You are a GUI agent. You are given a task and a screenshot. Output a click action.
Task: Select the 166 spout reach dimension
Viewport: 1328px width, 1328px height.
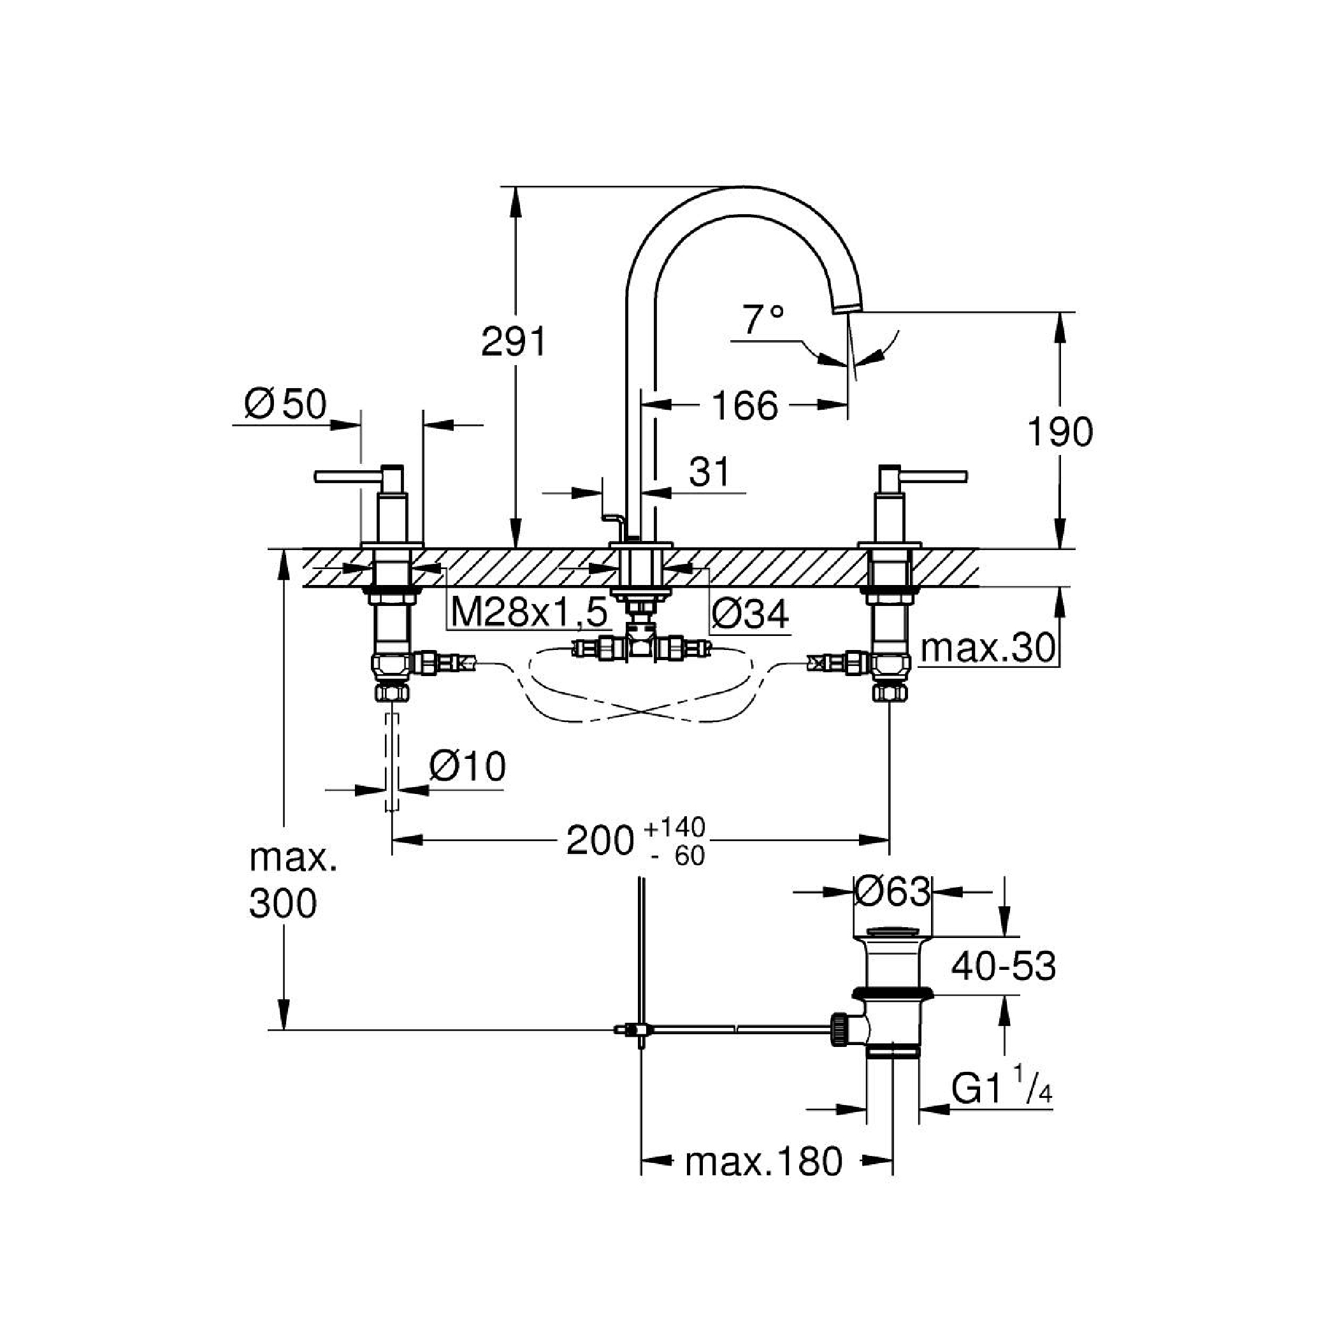[x=745, y=405]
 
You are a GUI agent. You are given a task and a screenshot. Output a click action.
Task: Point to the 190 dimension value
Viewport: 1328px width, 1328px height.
[x=1059, y=432]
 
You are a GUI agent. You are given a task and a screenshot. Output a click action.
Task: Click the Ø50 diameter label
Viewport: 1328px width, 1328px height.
[x=286, y=404]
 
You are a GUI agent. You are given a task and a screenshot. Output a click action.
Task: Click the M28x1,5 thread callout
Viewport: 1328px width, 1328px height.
[x=530, y=612]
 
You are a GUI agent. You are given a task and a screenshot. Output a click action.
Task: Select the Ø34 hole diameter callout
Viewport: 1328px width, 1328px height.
[x=750, y=613]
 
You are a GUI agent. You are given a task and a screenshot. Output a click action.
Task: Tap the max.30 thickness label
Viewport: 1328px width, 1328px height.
[x=987, y=647]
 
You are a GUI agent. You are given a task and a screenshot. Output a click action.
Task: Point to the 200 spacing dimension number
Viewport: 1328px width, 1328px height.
[x=599, y=840]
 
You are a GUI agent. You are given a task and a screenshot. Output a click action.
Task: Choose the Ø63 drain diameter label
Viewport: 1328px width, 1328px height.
[x=892, y=891]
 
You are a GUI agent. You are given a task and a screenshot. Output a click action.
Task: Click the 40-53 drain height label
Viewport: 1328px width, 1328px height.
[x=1003, y=967]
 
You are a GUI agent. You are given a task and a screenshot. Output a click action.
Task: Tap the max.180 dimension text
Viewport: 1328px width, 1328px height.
[x=763, y=1162]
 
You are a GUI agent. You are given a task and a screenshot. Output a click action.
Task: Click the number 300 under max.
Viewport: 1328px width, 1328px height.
[x=282, y=903]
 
